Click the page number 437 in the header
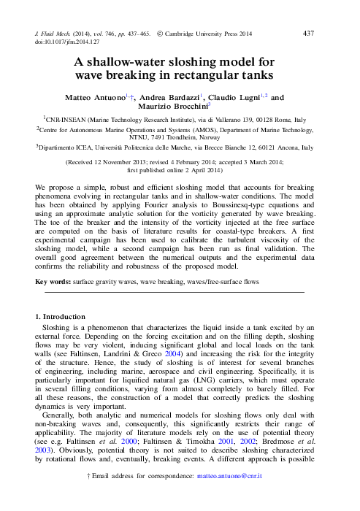[308, 34]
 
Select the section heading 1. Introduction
[61, 316]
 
